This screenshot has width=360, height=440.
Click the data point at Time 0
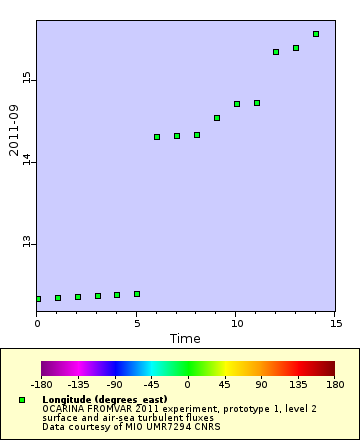(37, 299)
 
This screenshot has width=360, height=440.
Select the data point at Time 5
(137, 294)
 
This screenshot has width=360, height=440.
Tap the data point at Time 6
(157, 137)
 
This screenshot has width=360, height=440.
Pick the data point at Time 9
(217, 118)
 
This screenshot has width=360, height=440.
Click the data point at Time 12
(276, 52)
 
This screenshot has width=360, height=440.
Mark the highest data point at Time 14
(316, 34)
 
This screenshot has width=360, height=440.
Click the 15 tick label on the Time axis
(336, 323)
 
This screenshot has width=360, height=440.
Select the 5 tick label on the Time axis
(137, 323)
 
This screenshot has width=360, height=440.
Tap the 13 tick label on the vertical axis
(27, 243)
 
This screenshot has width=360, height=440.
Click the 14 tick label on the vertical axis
(27, 161)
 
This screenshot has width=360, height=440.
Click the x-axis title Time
(185, 339)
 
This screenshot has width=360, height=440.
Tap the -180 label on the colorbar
(41, 384)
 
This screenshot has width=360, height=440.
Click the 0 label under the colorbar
(188, 384)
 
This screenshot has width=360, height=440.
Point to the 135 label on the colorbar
(297, 384)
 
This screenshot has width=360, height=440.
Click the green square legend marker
(22, 400)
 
